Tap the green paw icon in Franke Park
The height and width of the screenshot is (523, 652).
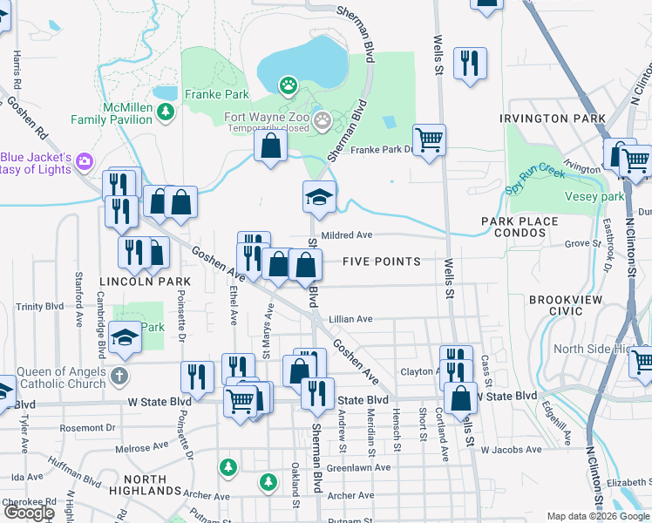click(287, 85)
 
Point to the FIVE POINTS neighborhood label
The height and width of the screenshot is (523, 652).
click(381, 261)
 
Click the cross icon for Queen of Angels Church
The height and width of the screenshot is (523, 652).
click(119, 377)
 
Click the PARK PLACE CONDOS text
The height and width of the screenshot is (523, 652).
click(520, 227)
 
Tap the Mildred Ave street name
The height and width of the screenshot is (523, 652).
click(346, 235)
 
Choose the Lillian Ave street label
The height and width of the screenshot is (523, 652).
click(350, 319)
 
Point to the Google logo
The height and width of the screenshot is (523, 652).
click(28, 513)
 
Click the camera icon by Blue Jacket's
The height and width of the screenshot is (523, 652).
click(85, 160)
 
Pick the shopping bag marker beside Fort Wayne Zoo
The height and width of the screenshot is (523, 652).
click(271, 146)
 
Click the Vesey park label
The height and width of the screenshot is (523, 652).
click(602, 196)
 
